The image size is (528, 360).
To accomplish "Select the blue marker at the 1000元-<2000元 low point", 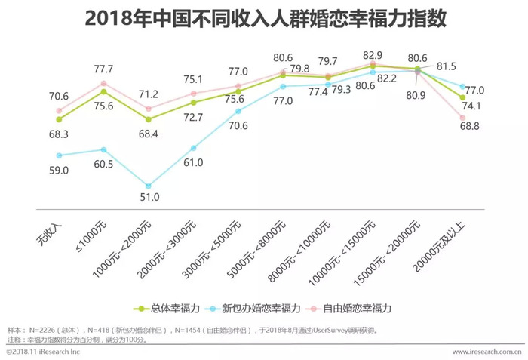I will click(x=149, y=185).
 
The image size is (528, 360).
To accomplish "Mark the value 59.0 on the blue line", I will click(x=59, y=171).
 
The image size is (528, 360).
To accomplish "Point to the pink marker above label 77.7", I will click(x=104, y=83).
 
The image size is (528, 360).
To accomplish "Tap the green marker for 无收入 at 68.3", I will click(x=59, y=119).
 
